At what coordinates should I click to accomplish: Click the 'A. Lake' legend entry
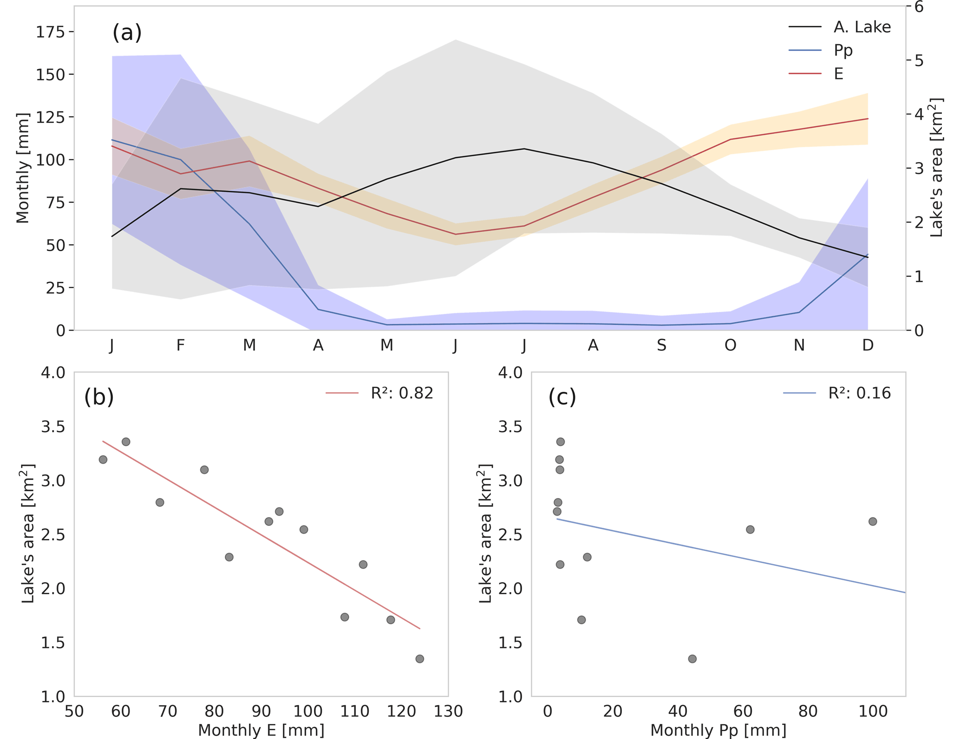click(x=862, y=27)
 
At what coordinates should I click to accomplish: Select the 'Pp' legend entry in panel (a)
click(x=843, y=50)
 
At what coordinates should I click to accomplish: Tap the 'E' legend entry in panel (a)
click(x=838, y=74)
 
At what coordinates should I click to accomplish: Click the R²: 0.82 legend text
click(x=402, y=393)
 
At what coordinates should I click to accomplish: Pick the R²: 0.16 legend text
click(x=859, y=393)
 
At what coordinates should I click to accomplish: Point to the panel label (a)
click(x=127, y=32)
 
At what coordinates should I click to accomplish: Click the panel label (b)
click(x=99, y=397)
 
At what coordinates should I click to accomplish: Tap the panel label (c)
click(x=562, y=397)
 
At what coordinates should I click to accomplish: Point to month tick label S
click(x=661, y=345)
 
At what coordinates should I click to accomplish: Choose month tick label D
click(x=868, y=345)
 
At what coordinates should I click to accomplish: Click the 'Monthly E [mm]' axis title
click(x=261, y=730)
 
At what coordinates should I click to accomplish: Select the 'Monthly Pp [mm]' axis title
click(x=718, y=730)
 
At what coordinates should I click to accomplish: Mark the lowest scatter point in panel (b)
click(x=420, y=659)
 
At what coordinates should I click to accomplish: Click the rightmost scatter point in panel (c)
click(x=873, y=521)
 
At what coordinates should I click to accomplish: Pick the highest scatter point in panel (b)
click(x=126, y=441)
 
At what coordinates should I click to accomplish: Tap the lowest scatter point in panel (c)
click(x=692, y=659)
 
